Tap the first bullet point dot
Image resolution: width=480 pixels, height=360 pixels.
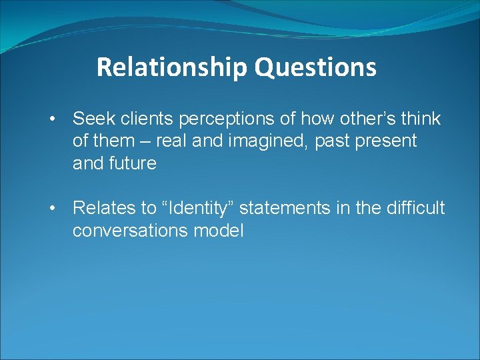point(52,119)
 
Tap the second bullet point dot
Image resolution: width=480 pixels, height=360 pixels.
point(52,209)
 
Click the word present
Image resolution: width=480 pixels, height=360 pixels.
point(394,141)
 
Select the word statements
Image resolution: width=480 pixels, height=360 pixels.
point(285,208)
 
